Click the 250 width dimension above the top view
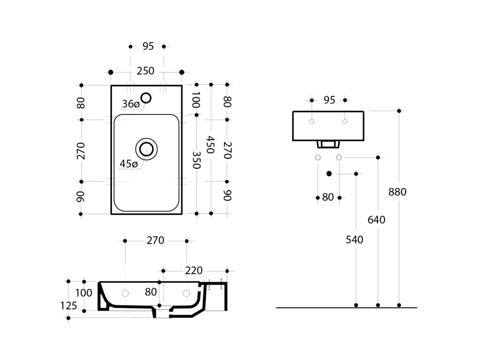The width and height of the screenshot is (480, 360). (145, 71)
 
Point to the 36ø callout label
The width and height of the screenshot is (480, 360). (130, 104)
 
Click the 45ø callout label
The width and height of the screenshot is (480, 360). (128, 164)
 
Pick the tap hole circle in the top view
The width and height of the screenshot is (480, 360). (146, 97)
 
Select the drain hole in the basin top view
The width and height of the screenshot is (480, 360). (146, 149)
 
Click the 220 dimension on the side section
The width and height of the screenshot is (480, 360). (193, 270)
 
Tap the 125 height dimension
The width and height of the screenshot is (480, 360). (68, 306)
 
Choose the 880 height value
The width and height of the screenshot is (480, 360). (397, 192)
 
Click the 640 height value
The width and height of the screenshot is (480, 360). (376, 219)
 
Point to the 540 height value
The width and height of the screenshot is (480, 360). (354, 240)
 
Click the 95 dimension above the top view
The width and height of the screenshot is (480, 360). (148, 46)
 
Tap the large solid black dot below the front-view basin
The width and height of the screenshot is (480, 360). (329, 174)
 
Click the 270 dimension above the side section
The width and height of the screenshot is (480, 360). (155, 240)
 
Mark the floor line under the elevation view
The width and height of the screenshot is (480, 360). (347, 308)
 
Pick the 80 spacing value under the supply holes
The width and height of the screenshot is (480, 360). (328, 197)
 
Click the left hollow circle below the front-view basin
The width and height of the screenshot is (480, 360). (318, 157)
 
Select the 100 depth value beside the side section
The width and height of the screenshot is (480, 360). (83, 293)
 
